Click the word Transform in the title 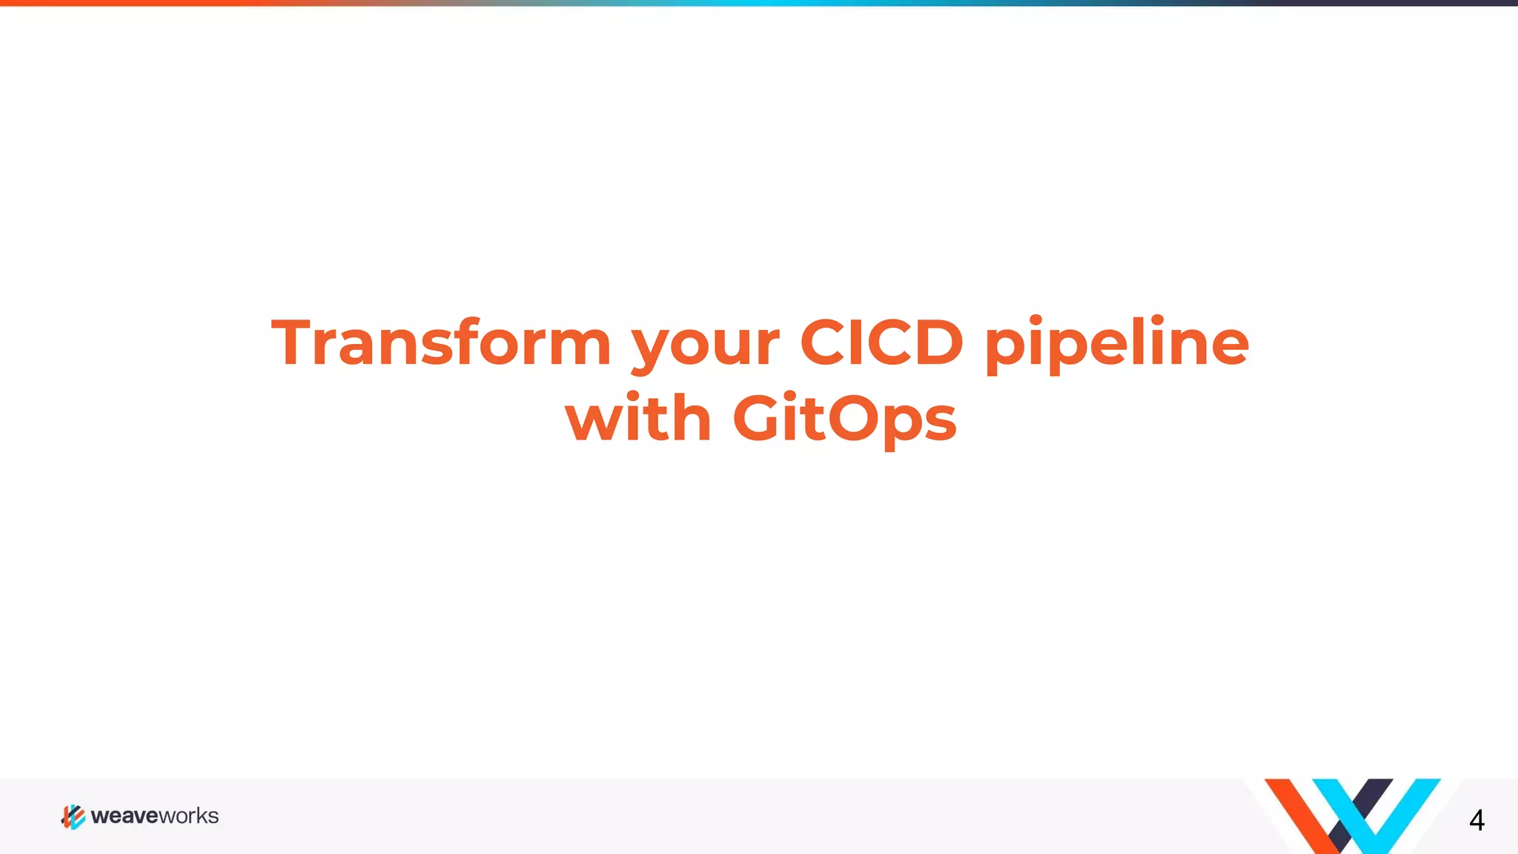pyautogui.click(x=441, y=342)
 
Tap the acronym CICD pyautogui.click(x=881, y=342)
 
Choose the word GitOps pyautogui.click(x=844, y=420)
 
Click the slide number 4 pyautogui.click(x=1476, y=820)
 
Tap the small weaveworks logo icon pyautogui.click(x=73, y=816)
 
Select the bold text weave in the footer pyautogui.click(x=124, y=816)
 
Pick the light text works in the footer pyautogui.click(x=188, y=816)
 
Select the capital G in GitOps pyautogui.click(x=759, y=418)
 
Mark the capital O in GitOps pyautogui.click(x=855, y=418)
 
